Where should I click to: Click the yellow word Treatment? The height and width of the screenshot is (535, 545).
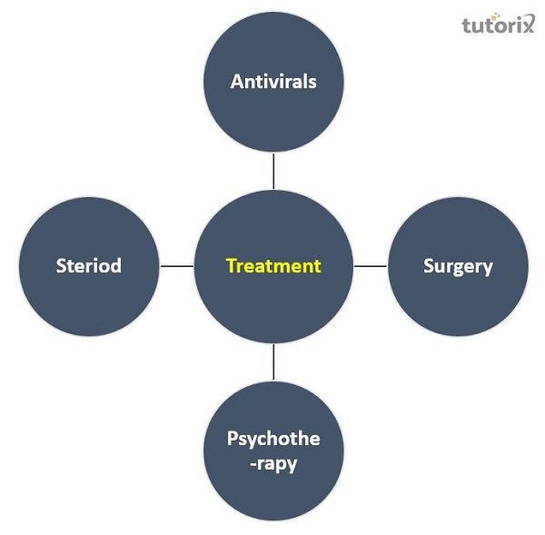(273, 266)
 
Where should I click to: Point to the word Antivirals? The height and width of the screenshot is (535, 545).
(273, 81)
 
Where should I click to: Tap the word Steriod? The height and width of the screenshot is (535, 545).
(88, 266)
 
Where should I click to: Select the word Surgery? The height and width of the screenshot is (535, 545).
(458, 266)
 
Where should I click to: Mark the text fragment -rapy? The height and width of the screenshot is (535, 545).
(273, 461)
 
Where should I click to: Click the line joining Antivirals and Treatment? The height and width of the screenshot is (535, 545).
(273, 170)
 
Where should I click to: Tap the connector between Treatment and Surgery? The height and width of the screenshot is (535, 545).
(370, 266)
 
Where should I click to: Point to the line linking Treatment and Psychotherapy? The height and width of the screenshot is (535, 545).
(273, 362)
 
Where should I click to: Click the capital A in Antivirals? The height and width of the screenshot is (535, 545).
(237, 81)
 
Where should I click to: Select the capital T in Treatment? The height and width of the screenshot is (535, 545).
(231, 266)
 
